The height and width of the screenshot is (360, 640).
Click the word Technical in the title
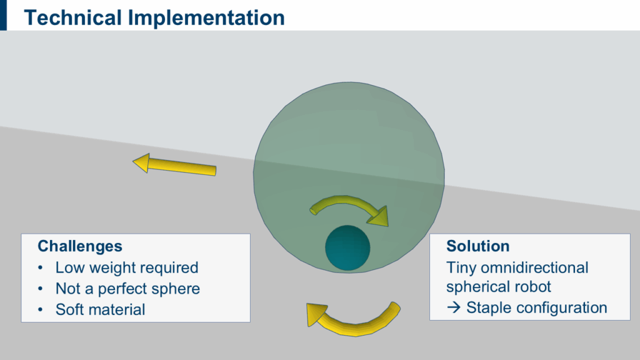pos(72,17)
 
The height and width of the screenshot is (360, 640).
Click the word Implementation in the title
pos(206,19)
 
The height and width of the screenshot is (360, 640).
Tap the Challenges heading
pos(80,246)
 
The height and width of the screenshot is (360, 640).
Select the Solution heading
pos(478,246)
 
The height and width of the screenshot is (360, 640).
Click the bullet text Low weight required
pos(127,267)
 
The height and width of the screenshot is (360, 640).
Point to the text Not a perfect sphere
pos(127,289)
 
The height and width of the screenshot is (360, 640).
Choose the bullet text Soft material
pos(101,309)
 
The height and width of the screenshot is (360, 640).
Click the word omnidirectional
pos(535,267)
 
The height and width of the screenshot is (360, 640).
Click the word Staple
pos(489,308)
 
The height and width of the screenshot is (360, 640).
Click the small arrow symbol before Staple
pos(454,307)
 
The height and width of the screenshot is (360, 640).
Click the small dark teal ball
pos(347,247)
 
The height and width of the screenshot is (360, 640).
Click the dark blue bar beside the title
pos(3,15)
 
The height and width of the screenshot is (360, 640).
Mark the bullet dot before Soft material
pos(40,310)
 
